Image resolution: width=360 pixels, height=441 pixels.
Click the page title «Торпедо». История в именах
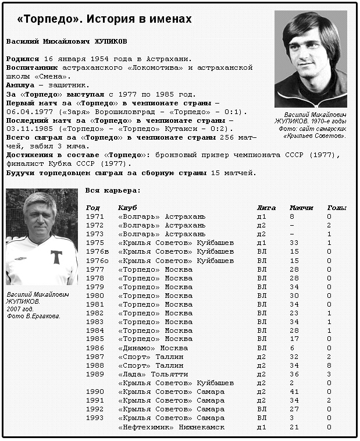coord(104,19)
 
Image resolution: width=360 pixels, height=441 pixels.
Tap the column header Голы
coord(337,208)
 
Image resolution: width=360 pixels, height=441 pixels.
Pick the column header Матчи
coord(301,208)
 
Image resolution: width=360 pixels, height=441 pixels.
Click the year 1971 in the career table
coord(94,216)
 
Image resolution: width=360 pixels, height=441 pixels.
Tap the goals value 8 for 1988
coord(329,365)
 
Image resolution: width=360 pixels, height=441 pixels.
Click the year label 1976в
coord(97,251)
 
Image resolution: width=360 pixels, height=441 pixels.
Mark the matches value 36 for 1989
coord(294,374)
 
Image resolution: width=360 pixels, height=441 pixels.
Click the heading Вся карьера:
coord(113,190)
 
